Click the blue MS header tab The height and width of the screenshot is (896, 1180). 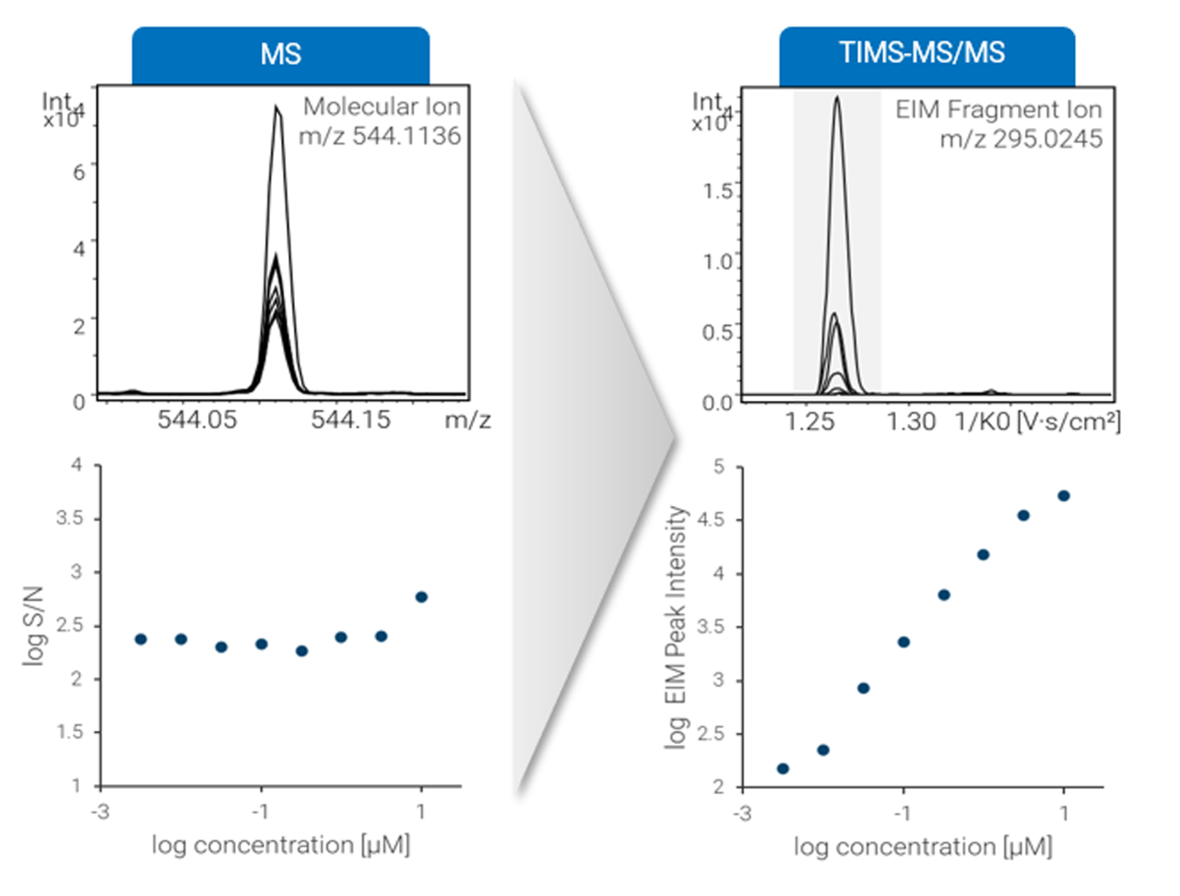280,54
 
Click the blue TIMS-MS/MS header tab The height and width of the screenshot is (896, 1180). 922,53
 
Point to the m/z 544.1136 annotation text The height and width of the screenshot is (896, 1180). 379,136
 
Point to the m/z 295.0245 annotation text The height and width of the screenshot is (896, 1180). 1021,138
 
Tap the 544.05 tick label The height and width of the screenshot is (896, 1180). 196,419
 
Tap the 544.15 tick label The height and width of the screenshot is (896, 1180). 350,419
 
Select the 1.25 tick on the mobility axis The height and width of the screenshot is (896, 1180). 810,421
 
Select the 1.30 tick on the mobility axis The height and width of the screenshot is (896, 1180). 911,421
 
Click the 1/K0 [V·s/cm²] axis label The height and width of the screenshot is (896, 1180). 1037,421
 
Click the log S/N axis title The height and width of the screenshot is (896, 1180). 34,625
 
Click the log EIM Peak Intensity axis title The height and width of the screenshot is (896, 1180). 677,627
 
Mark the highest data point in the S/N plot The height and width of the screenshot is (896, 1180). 421,597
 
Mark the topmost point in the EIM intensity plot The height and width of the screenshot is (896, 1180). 1064,496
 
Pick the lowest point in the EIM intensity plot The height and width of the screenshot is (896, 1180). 783,769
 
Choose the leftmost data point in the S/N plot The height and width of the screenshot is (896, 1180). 140,639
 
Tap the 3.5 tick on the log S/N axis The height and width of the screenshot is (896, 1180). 70,518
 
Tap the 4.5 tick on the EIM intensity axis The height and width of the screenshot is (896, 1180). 713,520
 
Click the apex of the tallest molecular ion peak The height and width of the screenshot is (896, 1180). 276,108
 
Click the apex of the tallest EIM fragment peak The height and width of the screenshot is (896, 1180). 837,97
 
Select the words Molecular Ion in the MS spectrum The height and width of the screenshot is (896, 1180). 382,107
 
